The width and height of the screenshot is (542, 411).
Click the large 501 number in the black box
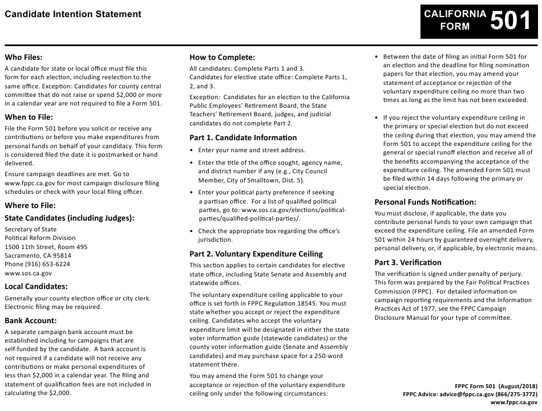click(x=510, y=22)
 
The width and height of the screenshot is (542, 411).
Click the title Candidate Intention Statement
click(x=73, y=14)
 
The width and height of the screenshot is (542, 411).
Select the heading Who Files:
click(x=23, y=57)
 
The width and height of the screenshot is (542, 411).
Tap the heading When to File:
click(x=29, y=117)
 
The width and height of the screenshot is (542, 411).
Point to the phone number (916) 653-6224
click(x=38, y=264)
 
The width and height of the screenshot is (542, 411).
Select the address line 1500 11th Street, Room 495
click(x=46, y=247)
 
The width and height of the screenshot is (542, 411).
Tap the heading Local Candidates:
click(x=36, y=286)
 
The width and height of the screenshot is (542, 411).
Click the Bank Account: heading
click(x=31, y=320)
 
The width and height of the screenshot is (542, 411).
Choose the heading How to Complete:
click(x=222, y=57)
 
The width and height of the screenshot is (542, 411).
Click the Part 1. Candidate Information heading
click(x=243, y=137)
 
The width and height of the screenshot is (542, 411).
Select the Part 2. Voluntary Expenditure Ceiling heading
click(x=256, y=254)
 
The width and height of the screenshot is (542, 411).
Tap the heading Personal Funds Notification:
click(x=425, y=202)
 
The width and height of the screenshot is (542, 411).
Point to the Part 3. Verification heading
click(x=408, y=262)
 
